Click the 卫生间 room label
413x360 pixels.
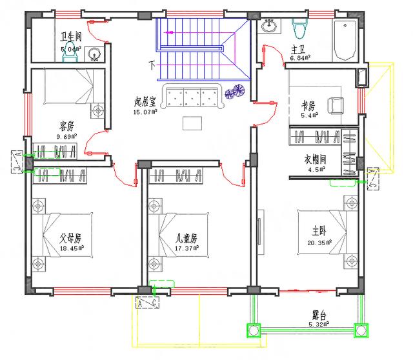coord(71,36)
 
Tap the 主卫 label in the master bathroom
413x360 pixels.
coord(298,50)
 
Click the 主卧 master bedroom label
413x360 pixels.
coord(319,232)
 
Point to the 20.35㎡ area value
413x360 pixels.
coord(320,243)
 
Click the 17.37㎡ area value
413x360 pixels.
coord(186,248)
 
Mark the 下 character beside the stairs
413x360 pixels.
coord(152,65)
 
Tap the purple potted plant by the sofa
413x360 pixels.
coord(234,95)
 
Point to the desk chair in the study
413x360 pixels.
coord(336,105)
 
